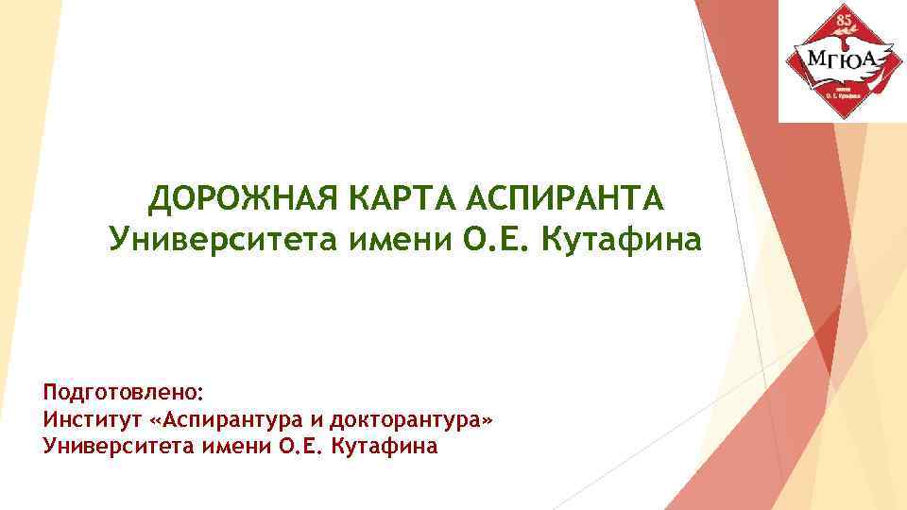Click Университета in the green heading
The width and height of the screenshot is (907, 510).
(x=202, y=241)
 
